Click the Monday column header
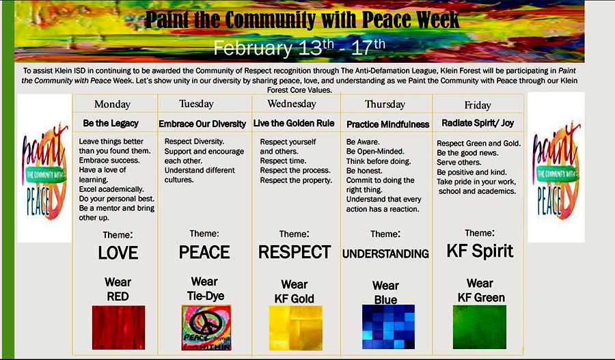click(112, 105)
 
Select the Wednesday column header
click(292, 104)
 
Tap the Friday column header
click(478, 105)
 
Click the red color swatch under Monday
click(118, 327)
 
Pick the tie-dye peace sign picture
click(206, 328)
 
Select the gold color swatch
click(296, 328)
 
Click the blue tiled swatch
click(388, 327)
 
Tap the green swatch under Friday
click(480, 327)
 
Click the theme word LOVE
click(118, 253)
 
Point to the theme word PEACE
click(204, 252)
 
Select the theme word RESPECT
click(295, 252)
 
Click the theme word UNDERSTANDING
click(385, 254)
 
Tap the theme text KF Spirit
click(480, 251)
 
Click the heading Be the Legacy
click(111, 124)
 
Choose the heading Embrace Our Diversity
click(202, 124)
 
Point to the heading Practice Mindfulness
click(388, 124)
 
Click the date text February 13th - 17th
click(299, 48)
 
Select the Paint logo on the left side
click(44, 171)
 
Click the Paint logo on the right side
click(556, 171)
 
